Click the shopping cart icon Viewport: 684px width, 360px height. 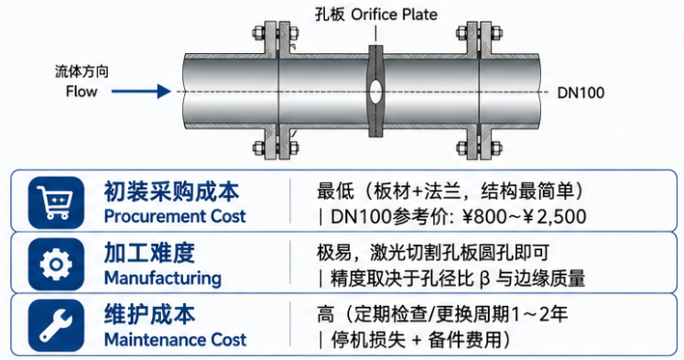[56, 202]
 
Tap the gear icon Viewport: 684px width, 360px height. [56, 264]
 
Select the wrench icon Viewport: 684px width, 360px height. [56, 325]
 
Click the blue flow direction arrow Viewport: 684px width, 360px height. [141, 92]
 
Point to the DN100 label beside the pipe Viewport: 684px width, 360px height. [581, 93]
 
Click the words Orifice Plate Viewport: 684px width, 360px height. [394, 15]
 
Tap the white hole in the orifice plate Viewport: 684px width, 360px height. [375, 92]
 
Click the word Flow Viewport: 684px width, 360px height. [81, 92]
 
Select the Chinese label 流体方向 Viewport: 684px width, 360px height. [81, 71]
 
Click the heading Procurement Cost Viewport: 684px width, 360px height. [175, 216]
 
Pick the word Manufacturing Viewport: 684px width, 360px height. [163, 278]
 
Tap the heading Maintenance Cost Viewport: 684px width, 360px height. [176, 340]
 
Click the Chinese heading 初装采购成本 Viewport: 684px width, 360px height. [171, 192]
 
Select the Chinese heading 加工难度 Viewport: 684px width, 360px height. [149, 254]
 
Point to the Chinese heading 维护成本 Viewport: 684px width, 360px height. [149, 314]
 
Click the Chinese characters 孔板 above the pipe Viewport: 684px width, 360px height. [330, 15]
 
